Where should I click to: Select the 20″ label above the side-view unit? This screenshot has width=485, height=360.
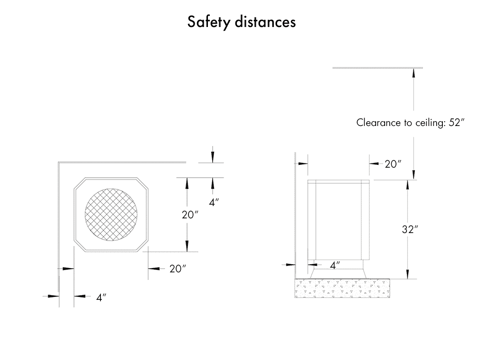tap(393, 164)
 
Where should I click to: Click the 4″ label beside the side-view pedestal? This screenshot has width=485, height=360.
tap(334, 265)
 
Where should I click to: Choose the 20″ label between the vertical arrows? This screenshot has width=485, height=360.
tap(190, 215)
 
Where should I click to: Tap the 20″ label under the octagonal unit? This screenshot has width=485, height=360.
tap(177, 269)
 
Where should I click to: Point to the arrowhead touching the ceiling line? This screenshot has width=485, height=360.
tap(414, 72)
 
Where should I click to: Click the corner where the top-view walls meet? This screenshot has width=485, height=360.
tap(59, 163)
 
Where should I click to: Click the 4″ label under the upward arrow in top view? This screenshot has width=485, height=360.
tap(214, 202)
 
